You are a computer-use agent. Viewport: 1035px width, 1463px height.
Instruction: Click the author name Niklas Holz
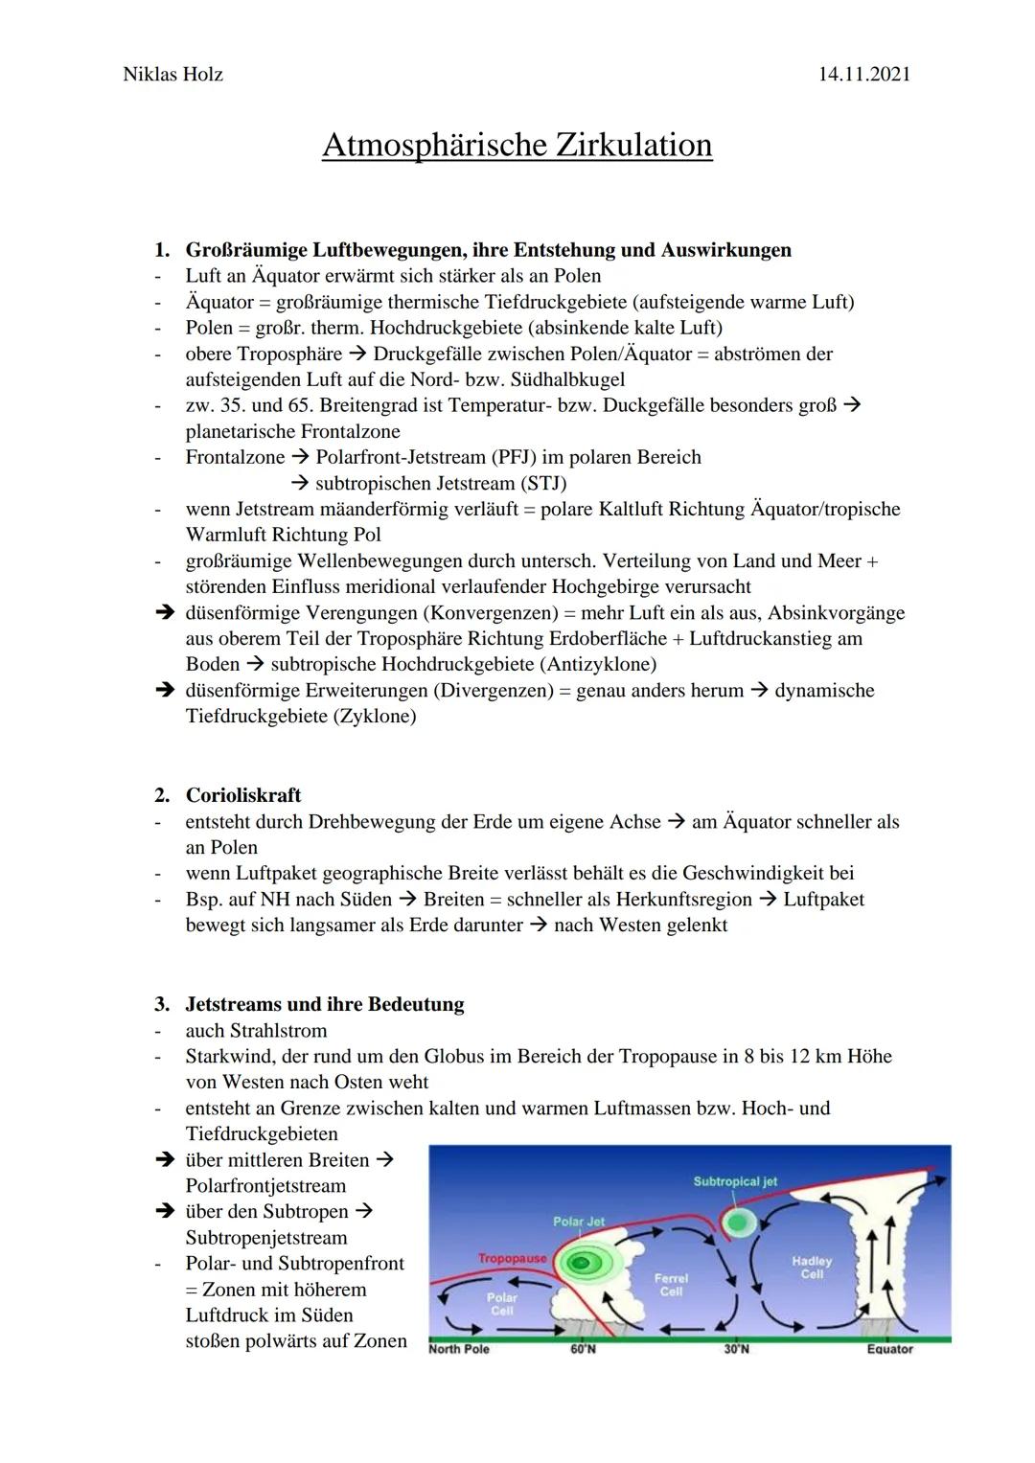point(172,74)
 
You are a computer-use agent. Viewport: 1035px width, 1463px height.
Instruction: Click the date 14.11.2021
point(864,74)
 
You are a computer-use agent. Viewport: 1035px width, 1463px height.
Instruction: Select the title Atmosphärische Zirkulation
point(517,146)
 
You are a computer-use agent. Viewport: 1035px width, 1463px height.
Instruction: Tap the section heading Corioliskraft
point(242,795)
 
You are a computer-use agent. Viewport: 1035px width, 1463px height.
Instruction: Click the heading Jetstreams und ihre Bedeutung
point(324,1004)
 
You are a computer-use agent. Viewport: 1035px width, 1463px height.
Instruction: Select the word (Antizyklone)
point(598,664)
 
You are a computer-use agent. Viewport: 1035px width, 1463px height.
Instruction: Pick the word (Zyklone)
point(375,716)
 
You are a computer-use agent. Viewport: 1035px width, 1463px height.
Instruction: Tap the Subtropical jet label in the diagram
point(735,1181)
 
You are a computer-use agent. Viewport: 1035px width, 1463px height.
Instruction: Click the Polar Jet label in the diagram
point(579,1222)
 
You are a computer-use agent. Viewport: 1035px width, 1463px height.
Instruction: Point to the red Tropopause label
point(512,1257)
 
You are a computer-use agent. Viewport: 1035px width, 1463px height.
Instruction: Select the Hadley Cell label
point(812,1268)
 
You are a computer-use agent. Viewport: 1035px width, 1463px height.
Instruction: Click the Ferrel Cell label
point(671,1285)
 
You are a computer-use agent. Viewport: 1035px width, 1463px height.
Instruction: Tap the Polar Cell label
point(502,1304)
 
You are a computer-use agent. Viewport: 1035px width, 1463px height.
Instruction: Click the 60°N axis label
point(583,1349)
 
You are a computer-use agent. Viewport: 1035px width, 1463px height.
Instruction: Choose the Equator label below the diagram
point(889,1349)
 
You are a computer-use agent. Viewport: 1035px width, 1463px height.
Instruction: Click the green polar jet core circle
point(578,1264)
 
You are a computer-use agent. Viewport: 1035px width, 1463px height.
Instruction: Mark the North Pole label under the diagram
point(459,1349)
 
